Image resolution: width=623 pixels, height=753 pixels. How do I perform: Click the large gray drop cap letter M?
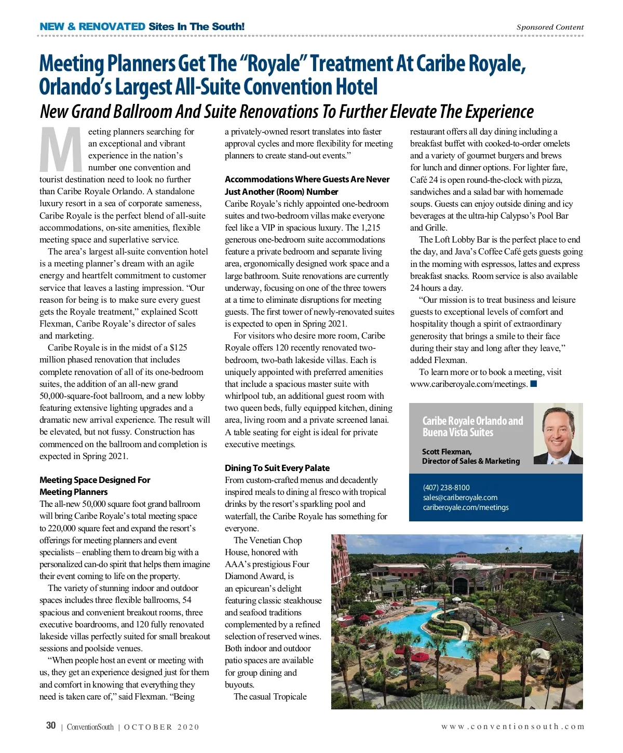pos(61,150)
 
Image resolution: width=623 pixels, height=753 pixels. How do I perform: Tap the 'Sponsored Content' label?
pos(550,27)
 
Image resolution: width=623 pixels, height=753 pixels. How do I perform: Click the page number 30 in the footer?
pos(51,725)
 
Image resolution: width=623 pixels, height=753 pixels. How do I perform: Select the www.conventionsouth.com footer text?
pos(512,727)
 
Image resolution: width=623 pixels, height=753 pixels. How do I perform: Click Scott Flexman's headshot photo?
pos(558,436)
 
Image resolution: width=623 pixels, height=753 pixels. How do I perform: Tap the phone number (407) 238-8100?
pos(446,488)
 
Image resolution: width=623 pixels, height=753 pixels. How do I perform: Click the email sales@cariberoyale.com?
pos(460,497)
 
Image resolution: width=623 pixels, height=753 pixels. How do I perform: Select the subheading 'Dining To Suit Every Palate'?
pos(277,468)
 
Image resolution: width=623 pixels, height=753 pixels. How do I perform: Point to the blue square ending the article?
pos(534,384)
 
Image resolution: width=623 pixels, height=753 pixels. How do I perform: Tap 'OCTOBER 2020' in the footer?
pos(161,727)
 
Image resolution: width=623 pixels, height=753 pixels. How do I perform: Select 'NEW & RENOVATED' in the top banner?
pos(92,26)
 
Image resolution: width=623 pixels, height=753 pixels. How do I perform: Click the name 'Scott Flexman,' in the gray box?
pos(446,452)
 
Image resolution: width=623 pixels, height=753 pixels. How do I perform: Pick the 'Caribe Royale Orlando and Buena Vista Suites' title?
pos(472,426)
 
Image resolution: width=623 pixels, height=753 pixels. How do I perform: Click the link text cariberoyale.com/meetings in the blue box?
pos(466,507)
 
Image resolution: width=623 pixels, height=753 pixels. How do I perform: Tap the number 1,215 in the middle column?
pos(370,227)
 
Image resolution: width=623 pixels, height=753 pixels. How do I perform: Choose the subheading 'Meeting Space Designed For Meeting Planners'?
pos(94,486)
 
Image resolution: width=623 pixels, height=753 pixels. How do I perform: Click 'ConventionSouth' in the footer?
pos(90,727)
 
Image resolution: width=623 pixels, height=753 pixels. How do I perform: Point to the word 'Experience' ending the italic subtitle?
pos(499,112)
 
